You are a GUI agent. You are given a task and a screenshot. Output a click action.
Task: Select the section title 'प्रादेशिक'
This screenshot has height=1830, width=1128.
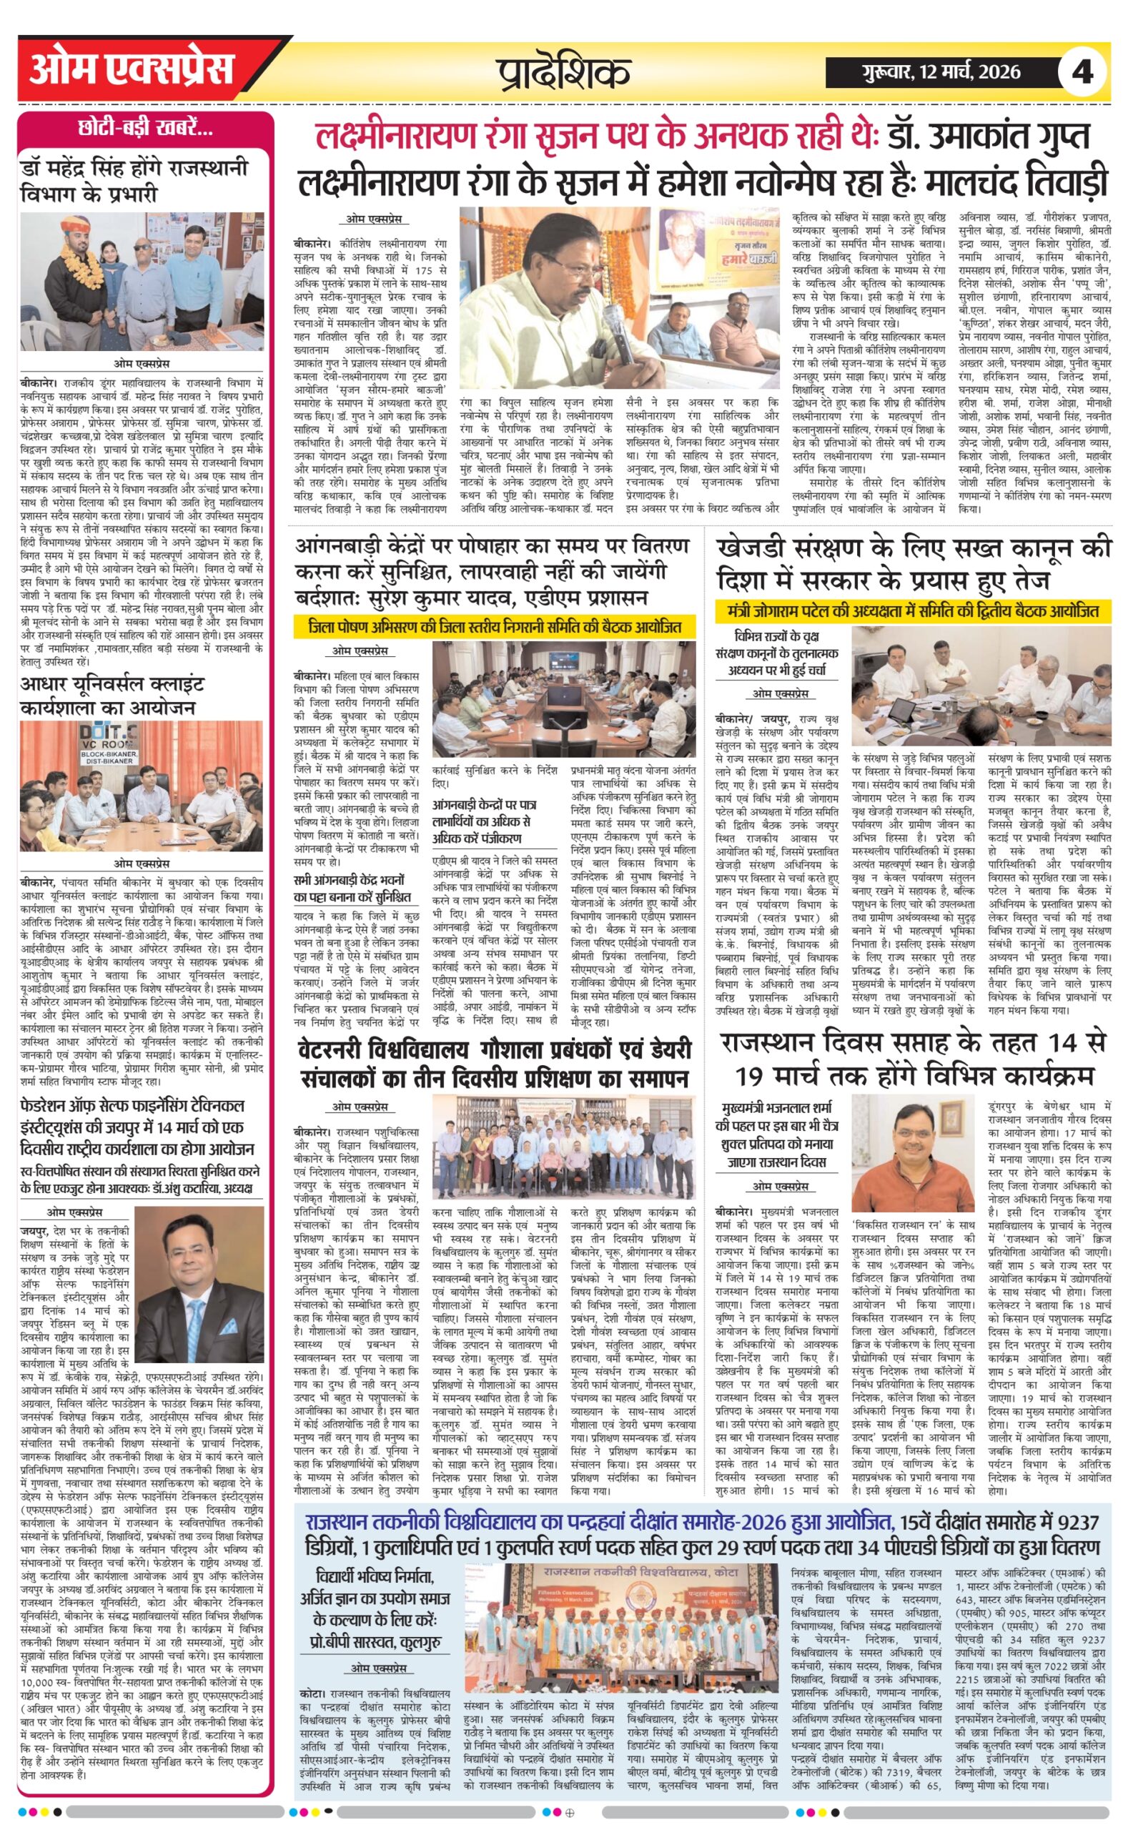565,73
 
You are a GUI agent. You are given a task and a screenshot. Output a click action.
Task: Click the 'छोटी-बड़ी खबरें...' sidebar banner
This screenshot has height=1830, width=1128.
147,129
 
